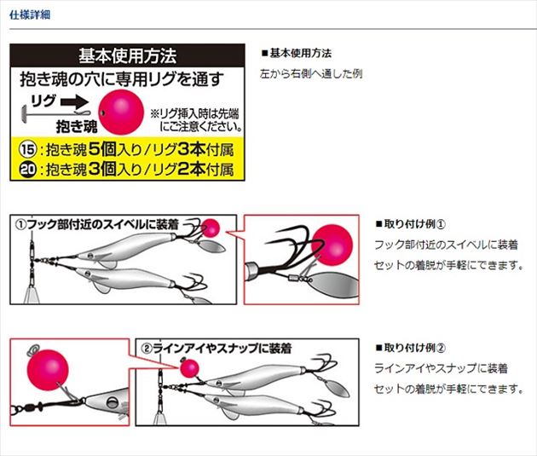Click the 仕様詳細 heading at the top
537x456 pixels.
30,15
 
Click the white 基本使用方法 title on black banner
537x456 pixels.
127,55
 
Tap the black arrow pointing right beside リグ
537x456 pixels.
75,101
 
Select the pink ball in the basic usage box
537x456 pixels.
121,112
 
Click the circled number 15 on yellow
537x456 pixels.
28,150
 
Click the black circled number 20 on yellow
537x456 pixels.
28,169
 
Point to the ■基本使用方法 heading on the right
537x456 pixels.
297,54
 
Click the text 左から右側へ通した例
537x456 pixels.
311,73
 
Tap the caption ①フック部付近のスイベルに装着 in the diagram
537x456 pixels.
97,224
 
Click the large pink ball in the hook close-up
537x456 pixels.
332,245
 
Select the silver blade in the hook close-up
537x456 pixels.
333,285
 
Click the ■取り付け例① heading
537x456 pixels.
411,224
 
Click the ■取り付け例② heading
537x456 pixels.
411,348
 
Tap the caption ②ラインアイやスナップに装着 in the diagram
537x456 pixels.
217,348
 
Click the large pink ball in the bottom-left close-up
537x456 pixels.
48,370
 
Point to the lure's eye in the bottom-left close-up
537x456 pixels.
111,402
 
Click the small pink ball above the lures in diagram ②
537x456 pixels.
189,368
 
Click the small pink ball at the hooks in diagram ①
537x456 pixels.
211,228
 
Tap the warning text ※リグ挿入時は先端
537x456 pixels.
194,113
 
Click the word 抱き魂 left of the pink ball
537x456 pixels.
77,127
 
